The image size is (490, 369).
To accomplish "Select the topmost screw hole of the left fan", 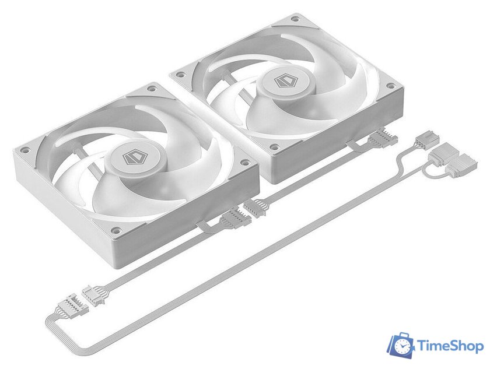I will (x=152, y=89).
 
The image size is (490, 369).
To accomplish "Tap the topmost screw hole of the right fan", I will (x=295, y=19).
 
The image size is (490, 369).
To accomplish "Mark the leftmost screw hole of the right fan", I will (x=181, y=74).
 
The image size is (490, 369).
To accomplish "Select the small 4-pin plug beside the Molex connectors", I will (x=422, y=142).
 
